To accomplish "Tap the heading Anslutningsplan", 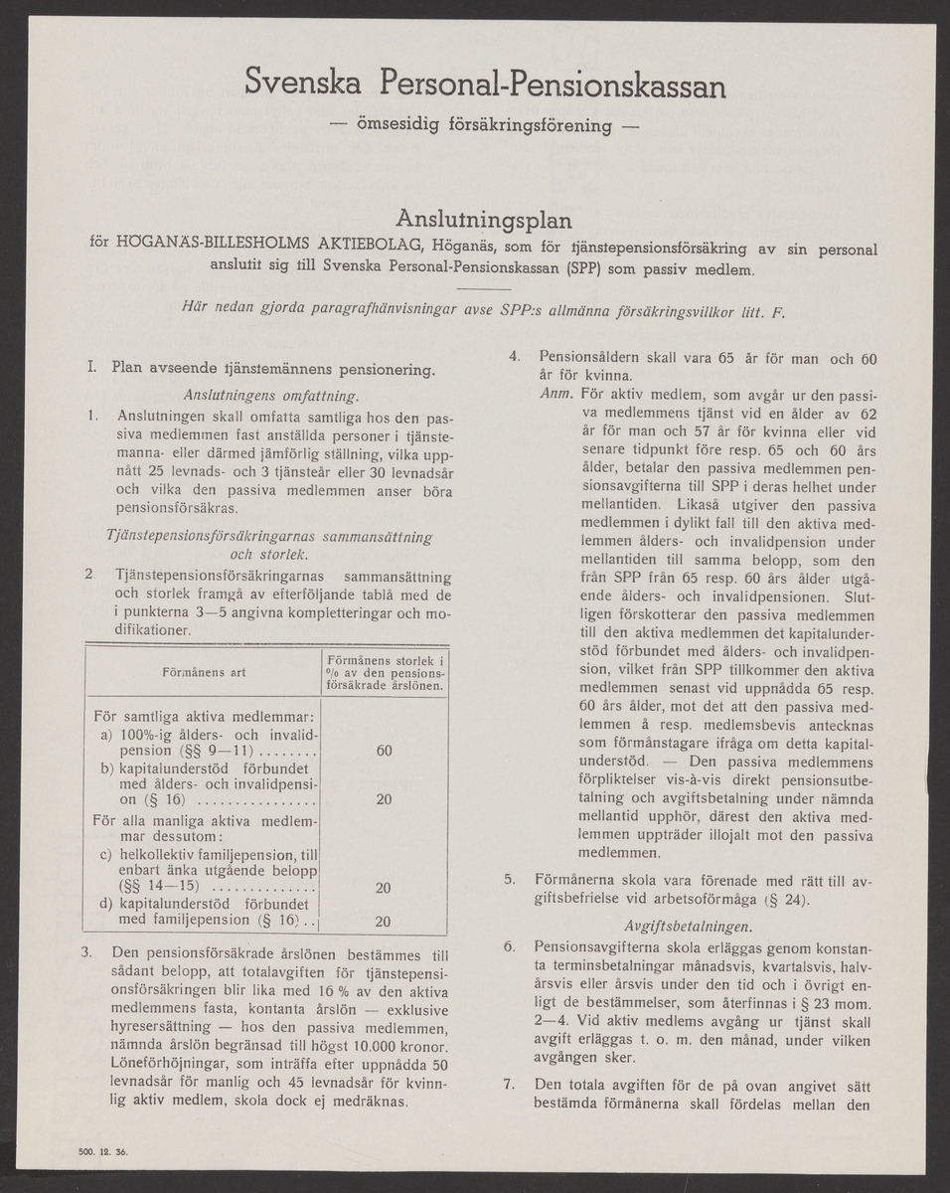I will pyautogui.click(x=484, y=217).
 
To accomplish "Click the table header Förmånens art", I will pyautogui.click(x=203, y=672).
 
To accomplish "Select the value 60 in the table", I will pyautogui.click(x=384, y=752).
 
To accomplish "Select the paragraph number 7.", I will pyautogui.click(x=509, y=1084).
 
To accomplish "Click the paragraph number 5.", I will pyautogui.click(x=509, y=879).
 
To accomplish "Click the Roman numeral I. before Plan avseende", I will pyautogui.click(x=92, y=370).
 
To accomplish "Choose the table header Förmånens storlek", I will pyautogui.click(x=386, y=659).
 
